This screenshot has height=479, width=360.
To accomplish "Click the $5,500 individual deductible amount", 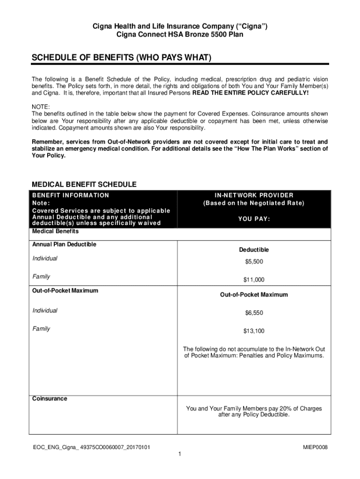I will click(254, 261).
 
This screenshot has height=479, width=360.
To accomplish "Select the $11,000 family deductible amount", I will click(254, 280).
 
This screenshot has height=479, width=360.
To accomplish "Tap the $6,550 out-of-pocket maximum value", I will click(254, 313).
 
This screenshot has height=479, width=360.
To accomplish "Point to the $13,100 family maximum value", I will click(254, 331).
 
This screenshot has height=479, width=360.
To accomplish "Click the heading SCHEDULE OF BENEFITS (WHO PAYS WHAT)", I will click(121, 58).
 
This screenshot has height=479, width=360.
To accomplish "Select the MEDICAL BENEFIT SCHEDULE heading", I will click(84, 184).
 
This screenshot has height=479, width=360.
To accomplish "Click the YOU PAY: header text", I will click(254, 219).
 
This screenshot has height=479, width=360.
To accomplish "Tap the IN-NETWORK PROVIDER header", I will click(254, 195).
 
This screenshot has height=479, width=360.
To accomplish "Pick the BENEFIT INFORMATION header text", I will click(71, 195).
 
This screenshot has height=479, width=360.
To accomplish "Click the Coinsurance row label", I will click(49, 399).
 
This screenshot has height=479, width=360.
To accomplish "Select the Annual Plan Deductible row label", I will click(64, 244).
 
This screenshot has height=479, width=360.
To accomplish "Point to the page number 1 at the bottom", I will click(180, 455).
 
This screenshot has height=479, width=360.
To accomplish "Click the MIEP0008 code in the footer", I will click(315, 448).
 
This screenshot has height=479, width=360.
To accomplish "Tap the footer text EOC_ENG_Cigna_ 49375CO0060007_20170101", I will click(91, 448).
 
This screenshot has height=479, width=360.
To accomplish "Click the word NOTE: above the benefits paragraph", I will click(40, 107).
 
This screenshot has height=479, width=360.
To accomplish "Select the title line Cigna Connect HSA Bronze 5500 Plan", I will click(180, 35).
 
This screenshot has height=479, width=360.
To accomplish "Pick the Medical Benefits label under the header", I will click(55, 232).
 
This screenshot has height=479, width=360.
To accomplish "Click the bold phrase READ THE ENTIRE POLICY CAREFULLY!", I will click(250, 93).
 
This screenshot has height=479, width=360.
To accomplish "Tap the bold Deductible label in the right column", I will click(254, 250).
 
